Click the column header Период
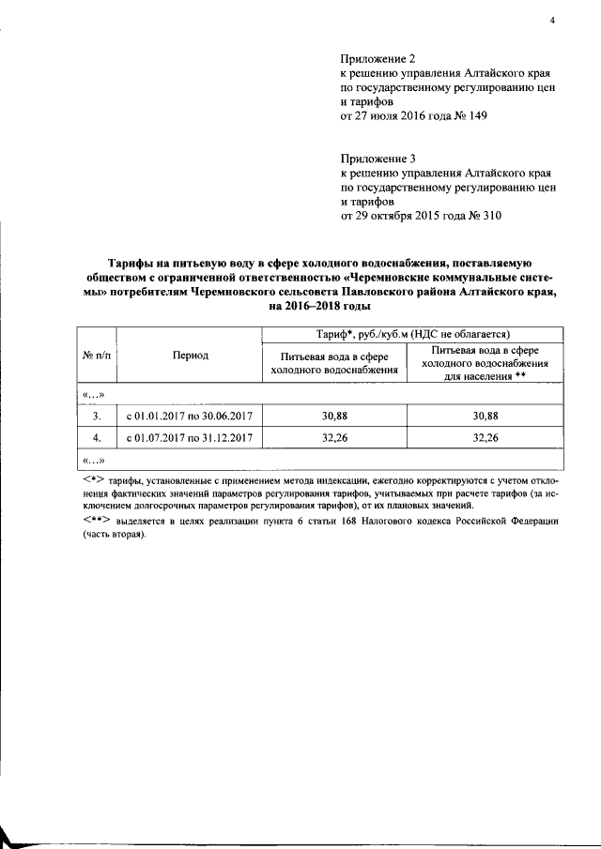tap(191, 356)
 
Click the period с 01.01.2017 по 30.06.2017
tap(191, 415)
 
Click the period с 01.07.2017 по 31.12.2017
tap(191, 437)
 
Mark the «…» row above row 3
tap(94, 393)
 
